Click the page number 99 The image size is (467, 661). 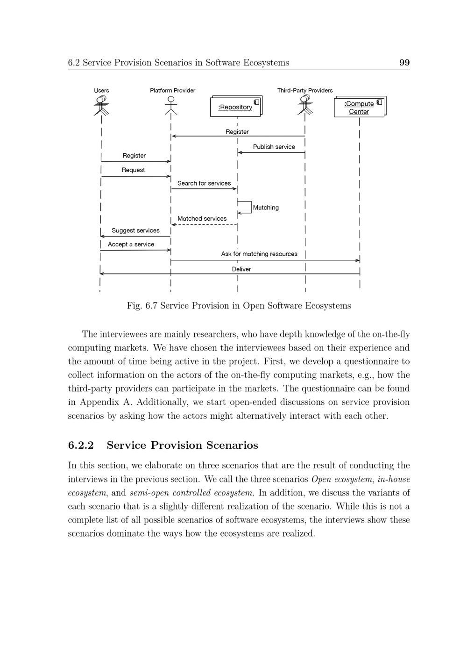pos(404,63)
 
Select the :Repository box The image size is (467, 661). pos(236,107)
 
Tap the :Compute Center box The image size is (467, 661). pos(359,108)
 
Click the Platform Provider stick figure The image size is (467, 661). pos(171,105)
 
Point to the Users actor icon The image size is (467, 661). pos(101,105)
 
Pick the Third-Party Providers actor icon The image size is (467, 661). pos(305,105)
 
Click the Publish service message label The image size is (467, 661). pos(274,147)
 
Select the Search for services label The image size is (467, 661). pos(204,183)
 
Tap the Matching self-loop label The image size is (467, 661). pos(266,208)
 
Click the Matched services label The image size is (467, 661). pos(202,218)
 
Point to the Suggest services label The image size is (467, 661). pos(135,230)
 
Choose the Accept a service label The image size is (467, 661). pos(131,244)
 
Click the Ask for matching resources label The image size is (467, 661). pos(259,254)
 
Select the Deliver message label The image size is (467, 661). pos(241,269)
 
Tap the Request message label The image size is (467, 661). pos(133,170)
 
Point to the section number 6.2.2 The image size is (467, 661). pos(81,445)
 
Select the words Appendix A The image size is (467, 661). pos(106,402)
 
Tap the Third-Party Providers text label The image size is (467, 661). pos(305,90)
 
